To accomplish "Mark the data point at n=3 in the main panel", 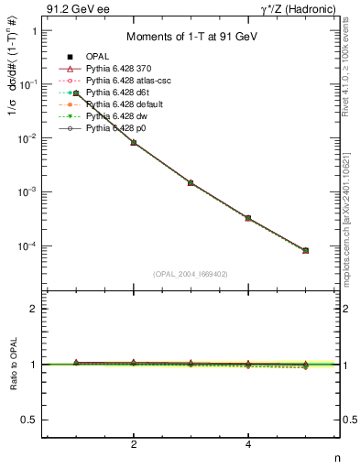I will (x=191, y=182).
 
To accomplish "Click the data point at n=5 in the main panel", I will (x=305, y=250).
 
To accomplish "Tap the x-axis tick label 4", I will (x=248, y=444).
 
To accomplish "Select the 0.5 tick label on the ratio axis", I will (x=32, y=420).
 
